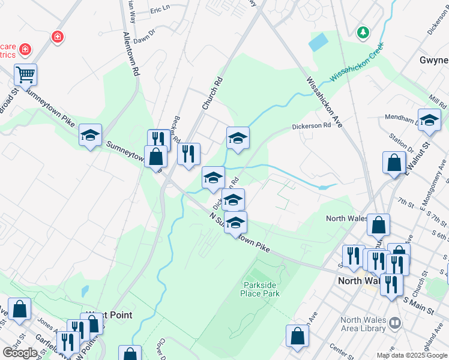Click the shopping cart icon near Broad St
[x=26, y=75]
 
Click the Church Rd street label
[x=212, y=93]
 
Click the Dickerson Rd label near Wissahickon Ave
[x=311, y=127]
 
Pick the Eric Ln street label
[x=160, y=10]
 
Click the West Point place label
[x=109, y=314]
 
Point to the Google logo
[x=19, y=352]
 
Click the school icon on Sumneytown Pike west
[x=90, y=135]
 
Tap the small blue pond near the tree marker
[x=319, y=41]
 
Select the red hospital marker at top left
[x=57, y=37]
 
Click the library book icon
[x=394, y=323]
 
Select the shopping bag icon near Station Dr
[x=393, y=163]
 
